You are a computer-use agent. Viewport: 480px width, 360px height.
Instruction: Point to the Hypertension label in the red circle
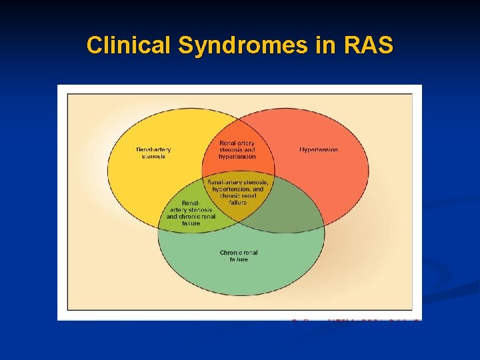[318, 150]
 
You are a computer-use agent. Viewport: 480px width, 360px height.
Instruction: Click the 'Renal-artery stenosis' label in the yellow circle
[153, 153]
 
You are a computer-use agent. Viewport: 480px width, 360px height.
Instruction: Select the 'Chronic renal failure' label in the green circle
[239, 256]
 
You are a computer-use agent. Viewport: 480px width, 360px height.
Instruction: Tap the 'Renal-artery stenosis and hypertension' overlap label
[237, 150]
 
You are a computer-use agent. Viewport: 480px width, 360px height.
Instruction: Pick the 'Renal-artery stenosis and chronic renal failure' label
[191, 213]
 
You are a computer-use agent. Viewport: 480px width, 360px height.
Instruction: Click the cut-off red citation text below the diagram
[354, 322]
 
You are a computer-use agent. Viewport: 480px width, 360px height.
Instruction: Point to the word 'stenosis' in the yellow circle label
[153, 157]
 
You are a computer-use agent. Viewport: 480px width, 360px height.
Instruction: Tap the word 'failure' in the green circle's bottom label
[239, 259]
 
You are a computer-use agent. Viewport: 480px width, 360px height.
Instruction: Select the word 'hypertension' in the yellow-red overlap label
[237, 157]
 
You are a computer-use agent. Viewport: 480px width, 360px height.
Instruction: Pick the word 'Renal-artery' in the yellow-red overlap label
[237, 143]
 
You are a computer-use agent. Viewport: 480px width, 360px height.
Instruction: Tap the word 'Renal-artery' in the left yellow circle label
[153, 149]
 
